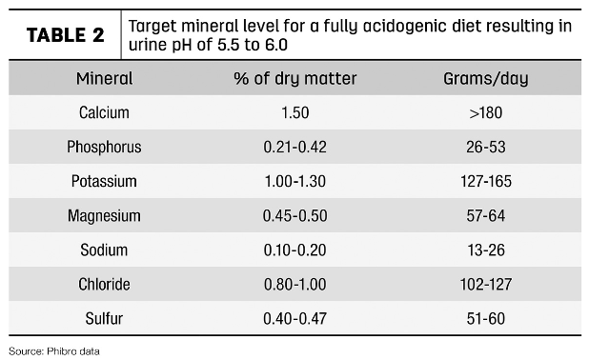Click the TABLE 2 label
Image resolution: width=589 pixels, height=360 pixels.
pyautogui.click(x=65, y=35)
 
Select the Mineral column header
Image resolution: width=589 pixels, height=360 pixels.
pyautogui.click(x=104, y=78)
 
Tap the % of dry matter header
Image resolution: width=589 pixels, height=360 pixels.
pyautogui.click(x=294, y=78)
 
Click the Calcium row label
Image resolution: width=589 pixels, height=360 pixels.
pyautogui.click(x=104, y=112)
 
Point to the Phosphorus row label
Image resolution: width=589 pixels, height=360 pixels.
pyautogui.click(x=104, y=147)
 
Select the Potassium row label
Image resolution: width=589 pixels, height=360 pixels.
pyautogui.click(x=104, y=181)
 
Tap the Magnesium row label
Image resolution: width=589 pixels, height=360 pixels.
pyautogui.click(x=104, y=215)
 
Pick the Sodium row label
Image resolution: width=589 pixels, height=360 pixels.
pyautogui.click(x=104, y=250)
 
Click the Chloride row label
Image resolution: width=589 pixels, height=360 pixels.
pyautogui.click(x=104, y=284)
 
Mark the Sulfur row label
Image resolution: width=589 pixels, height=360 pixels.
pyautogui.click(x=104, y=318)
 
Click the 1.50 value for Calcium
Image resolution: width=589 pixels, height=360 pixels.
pyautogui.click(x=294, y=112)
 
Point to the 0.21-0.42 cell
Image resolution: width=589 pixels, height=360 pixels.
pyautogui.click(x=294, y=147)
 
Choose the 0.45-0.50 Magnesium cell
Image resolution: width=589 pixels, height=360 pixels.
pyautogui.click(x=294, y=215)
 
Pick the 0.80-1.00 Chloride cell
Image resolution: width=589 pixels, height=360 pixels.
pyautogui.click(x=294, y=284)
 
